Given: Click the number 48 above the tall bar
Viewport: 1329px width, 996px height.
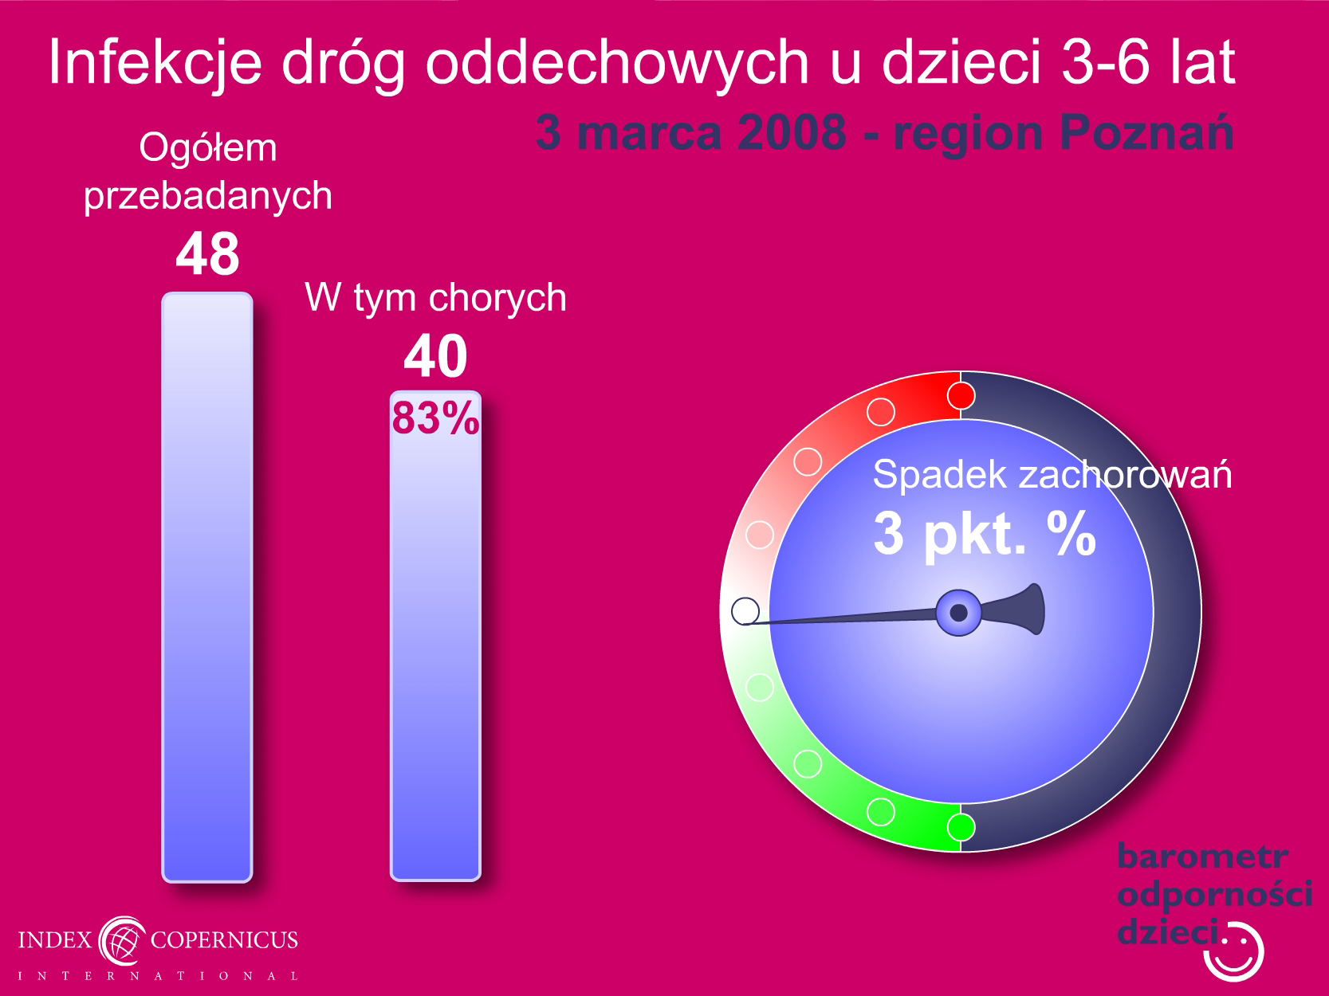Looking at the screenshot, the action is (x=207, y=253).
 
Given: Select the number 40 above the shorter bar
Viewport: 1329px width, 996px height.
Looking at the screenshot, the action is (x=435, y=356).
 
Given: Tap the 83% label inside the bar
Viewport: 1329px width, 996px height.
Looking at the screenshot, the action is (x=436, y=418).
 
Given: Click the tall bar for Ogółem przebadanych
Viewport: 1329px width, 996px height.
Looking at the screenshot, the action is (x=207, y=587).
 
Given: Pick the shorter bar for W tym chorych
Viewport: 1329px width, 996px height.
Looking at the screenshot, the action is (x=435, y=636).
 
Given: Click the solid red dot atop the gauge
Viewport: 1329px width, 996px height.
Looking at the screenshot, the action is (x=961, y=396).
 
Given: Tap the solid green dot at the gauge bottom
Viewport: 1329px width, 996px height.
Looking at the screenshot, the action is (x=961, y=827).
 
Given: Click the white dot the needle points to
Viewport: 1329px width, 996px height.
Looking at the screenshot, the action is (x=745, y=611).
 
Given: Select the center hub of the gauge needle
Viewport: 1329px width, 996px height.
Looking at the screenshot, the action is (x=958, y=613).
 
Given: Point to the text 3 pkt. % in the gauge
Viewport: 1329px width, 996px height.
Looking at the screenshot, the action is (x=985, y=534).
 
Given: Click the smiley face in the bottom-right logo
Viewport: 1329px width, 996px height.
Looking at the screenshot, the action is (x=1233, y=953).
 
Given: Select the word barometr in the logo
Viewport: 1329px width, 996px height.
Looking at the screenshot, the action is (x=1202, y=857).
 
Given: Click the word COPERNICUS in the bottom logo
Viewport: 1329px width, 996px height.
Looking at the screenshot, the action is (x=224, y=939).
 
